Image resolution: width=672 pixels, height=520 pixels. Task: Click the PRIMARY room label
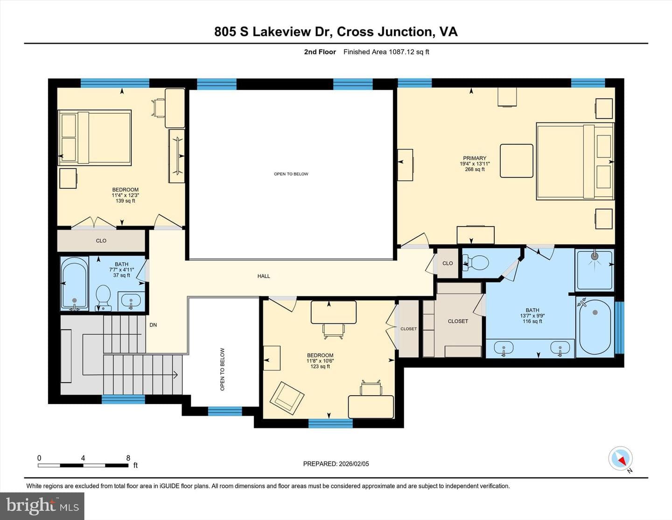point(475,158)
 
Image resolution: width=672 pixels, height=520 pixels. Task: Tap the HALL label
point(264,276)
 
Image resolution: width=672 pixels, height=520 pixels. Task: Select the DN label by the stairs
point(153,325)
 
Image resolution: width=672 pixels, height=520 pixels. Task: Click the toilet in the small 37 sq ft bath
point(103,298)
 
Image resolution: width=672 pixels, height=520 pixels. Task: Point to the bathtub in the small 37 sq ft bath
point(75,284)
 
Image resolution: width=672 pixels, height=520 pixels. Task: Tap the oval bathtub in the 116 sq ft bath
point(595,327)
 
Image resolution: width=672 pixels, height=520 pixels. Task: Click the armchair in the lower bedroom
point(287,398)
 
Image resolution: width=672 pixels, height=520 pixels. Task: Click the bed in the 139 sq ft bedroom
point(95,138)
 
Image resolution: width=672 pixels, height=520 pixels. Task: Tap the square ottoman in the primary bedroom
point(517,161)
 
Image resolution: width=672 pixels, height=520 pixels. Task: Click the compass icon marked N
point(620,458)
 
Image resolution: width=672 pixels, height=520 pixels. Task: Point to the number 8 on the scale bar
point(128,458)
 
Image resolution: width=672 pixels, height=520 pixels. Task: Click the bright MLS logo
point(42,506)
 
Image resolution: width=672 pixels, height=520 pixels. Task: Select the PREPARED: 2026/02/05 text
point(336,463)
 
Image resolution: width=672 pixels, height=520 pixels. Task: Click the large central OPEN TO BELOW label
point(291,174)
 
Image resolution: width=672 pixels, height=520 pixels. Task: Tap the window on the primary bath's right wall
point(619,328)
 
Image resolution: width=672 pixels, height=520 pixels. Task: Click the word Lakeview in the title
point(281,32)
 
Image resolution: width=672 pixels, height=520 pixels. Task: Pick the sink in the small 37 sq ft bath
point(132,301)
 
